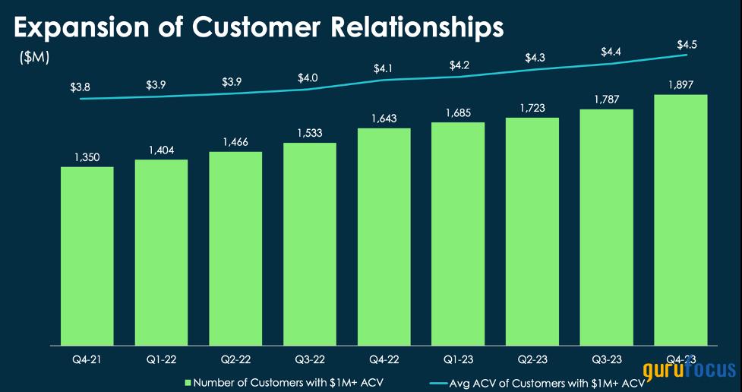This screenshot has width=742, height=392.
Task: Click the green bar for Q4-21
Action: [87, 255]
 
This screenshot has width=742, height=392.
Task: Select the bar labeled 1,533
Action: [310, 243]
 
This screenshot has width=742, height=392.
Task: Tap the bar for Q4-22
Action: [384, 236]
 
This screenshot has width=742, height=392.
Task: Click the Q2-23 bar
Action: [532, 231]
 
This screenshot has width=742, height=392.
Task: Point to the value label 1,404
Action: [162, 150]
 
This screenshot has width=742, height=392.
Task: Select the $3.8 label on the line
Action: [81, 87]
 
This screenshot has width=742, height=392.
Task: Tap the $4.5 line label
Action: [687, 44]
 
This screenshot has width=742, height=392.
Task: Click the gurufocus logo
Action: [690, 371]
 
